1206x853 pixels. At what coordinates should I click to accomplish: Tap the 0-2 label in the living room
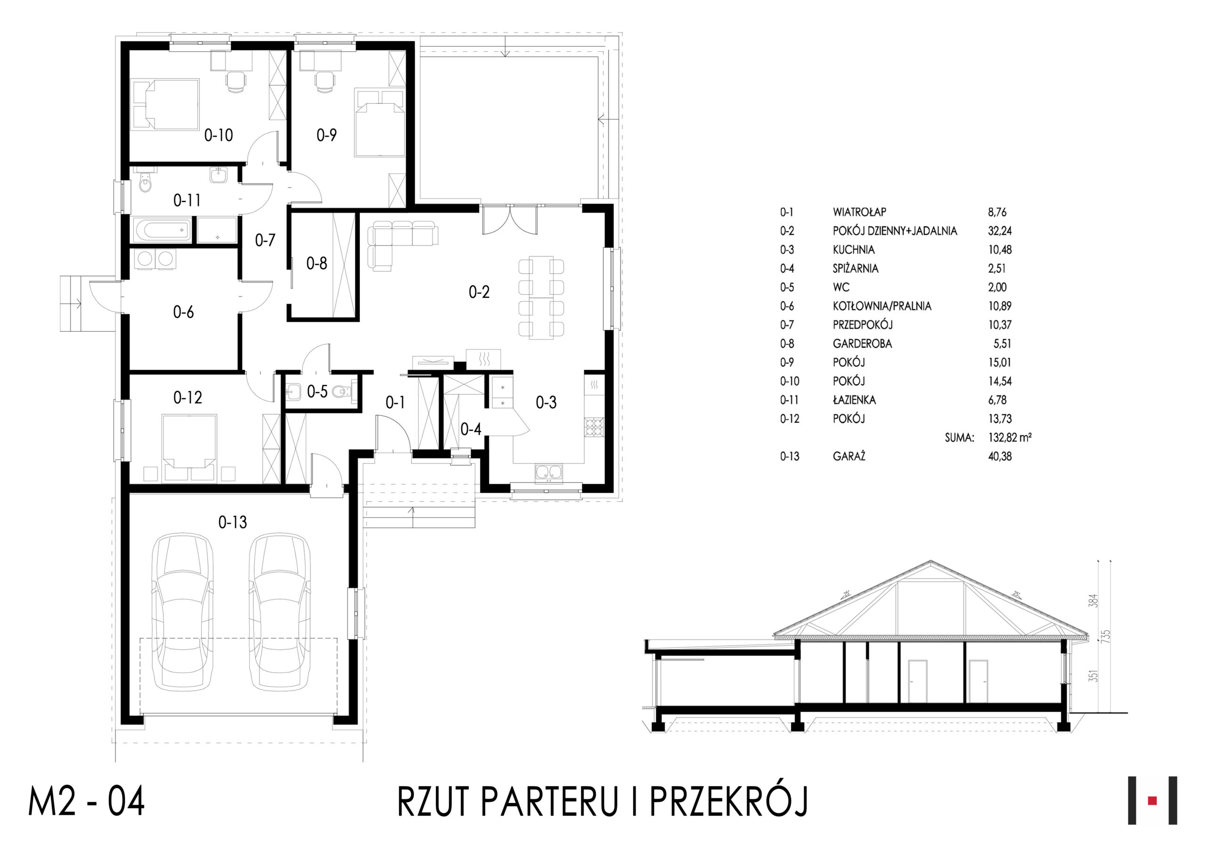[x=479, y=292]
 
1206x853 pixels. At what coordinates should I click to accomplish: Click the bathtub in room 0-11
[x=163, y=230]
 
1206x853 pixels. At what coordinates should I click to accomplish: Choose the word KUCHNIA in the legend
[x=854, y=250]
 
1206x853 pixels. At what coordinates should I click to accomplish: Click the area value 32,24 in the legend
[x=1000, y=231]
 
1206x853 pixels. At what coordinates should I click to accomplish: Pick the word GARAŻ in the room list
[x=849, y=456]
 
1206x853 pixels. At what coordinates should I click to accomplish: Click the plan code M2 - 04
[x=87, y=802]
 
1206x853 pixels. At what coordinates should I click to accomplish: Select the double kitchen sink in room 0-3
[x=548, y=473]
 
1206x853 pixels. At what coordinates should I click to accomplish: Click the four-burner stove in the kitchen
[x=594, y=427]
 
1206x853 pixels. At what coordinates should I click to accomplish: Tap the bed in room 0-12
[x=188, y=447]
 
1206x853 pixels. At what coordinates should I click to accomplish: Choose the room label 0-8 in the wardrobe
[x=317, y=263]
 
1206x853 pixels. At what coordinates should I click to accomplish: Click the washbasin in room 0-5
[x=293, y=392]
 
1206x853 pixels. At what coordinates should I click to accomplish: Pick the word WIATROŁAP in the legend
[x=859, y=213]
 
